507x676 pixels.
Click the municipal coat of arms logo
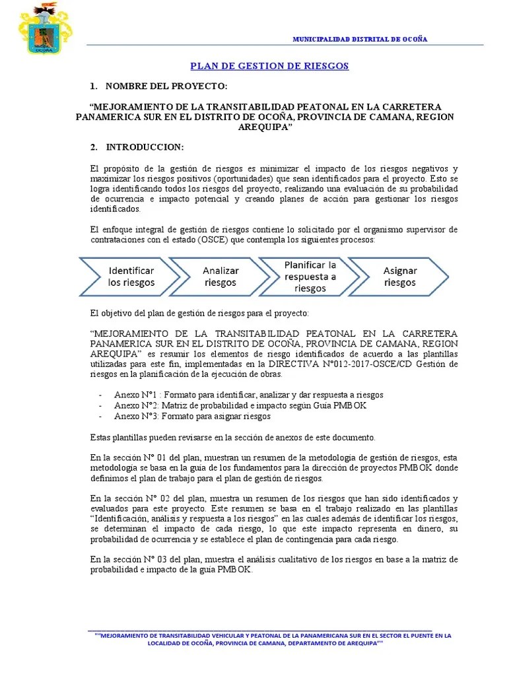tap(46, 28)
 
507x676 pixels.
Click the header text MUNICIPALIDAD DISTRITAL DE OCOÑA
tap(360, 39)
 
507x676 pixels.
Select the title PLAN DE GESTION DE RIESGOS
tap(269, 66)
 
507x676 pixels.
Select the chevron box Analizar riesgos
tap(220, 277)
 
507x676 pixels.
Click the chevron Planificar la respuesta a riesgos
tap(310, 277)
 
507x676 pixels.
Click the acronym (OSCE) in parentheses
tap(209, 240)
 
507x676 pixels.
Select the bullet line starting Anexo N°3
tap(191, 417)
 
